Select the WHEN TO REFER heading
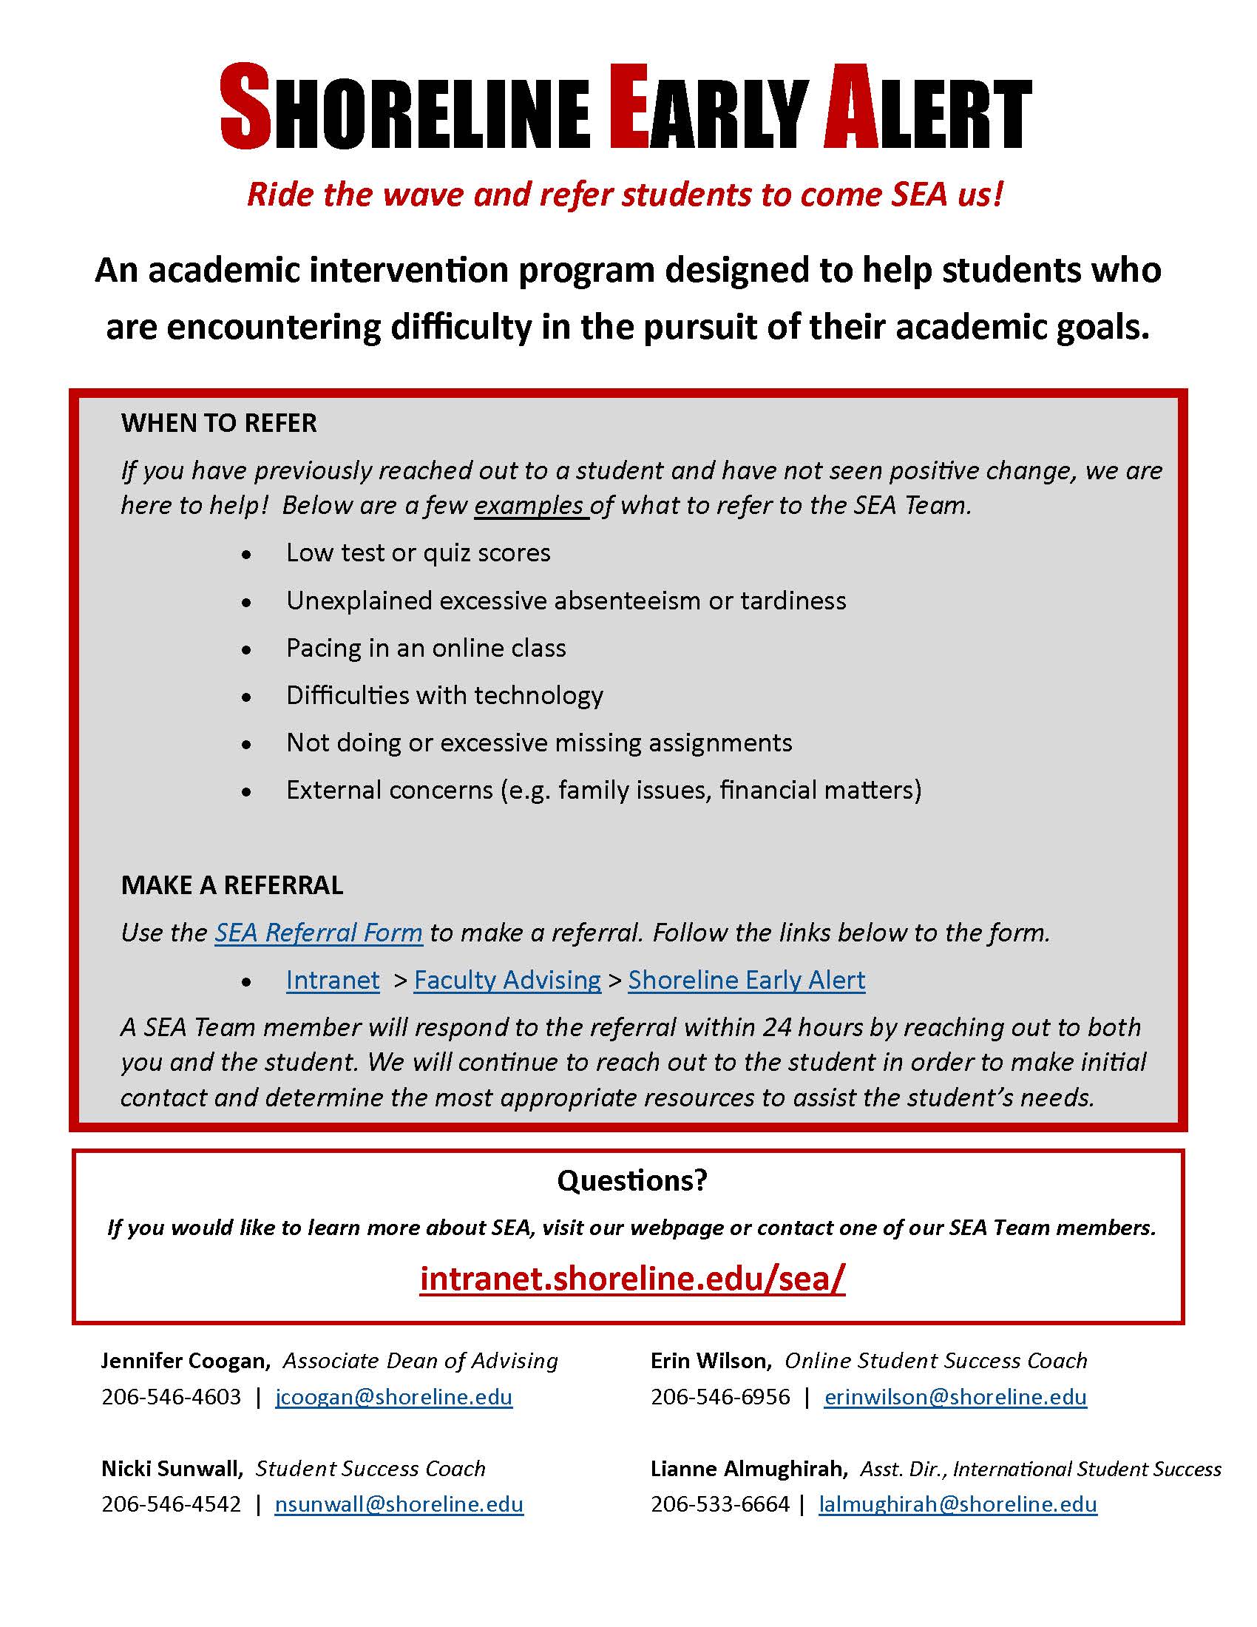[x=219, y=423]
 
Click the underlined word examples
[x=529, y=505]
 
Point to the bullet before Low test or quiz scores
[x=246, y=554]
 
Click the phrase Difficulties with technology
[x=444, y=695]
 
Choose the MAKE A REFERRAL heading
[x=231, y=884]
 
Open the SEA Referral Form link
[x=319, y=932]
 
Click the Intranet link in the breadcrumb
[x=333, y=980]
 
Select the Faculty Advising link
[x=507, y=980]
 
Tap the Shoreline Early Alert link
[x=746, y=980]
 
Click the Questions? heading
[x=631, y=1180]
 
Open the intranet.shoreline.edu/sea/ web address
[x=632, y=1279]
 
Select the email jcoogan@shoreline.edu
[x=394, y=1397]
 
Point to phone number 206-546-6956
[x=720, y=1397]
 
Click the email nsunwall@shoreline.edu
[x=399, y=1504]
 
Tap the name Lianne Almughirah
[x=748, y=1468]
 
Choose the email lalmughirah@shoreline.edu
[x=958, y=1504]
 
